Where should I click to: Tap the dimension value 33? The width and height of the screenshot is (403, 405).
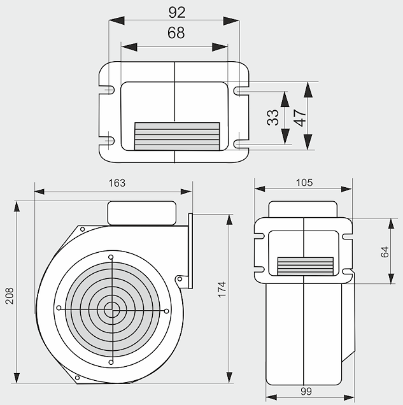(x=273, y=117)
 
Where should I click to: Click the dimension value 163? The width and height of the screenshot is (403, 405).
(x=117, y=183)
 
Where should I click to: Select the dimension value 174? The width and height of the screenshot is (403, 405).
(x=222, y=289)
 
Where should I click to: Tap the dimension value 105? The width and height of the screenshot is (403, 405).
(x=304, y=183)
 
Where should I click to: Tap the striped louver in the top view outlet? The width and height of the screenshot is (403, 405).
(x=177, y=136)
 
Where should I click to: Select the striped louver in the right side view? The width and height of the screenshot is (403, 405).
(x=306, y=266)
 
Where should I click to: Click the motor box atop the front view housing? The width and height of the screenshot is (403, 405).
(x=141, y=212)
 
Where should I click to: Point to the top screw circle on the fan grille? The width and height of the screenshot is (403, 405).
(x=111, y=257)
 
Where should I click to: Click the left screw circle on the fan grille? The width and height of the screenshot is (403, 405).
(x=59, y=308)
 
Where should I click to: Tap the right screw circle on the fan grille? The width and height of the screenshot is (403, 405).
(x=166, y=311)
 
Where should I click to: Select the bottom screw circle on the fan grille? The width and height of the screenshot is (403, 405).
(x=112, y=362)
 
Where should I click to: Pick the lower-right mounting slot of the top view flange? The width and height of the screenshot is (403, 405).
(x=239, y=143)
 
